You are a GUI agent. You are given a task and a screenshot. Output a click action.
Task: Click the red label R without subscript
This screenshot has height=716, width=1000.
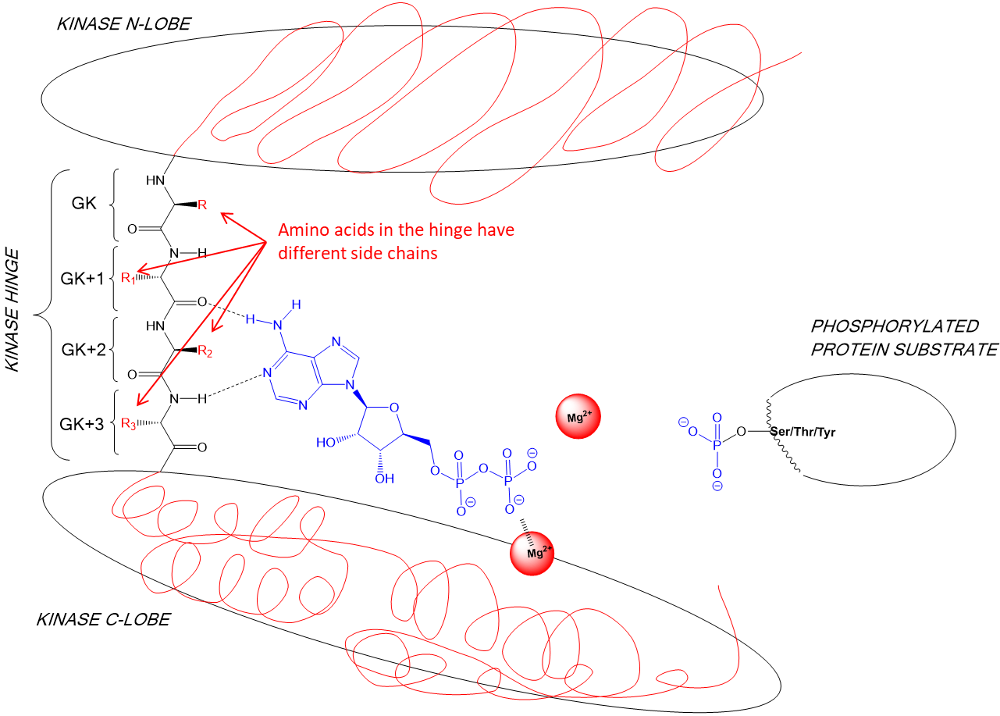click(202, 205)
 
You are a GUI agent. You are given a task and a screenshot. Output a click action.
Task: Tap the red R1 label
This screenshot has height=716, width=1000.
click(128, 278)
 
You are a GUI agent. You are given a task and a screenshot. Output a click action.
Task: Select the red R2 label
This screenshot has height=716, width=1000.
click(205, 351)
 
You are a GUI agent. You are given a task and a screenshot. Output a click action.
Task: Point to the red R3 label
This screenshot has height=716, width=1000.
click(129, 424)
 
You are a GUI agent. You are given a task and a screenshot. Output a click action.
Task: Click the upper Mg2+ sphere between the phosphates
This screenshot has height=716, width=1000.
click(578, 417)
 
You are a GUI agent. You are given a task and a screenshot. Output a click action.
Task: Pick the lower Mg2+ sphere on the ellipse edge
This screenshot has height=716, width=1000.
click(532, 554)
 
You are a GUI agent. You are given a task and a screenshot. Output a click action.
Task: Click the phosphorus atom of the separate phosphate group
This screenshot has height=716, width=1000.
click(717, 444)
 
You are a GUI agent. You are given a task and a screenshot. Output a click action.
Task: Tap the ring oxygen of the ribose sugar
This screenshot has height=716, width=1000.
click(394, 406)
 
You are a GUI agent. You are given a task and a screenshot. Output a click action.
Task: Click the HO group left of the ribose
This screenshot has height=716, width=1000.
click(326, 443)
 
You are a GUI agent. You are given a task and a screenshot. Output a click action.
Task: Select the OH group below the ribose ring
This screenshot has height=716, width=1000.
click(385, 479)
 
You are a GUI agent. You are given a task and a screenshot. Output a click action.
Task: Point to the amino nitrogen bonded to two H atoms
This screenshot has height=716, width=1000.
click(278, 324)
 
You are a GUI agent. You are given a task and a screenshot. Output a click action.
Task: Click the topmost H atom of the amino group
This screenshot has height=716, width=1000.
click(297, 304)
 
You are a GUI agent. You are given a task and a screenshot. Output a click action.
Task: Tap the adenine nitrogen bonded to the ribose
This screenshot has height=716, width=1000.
click(351, 385)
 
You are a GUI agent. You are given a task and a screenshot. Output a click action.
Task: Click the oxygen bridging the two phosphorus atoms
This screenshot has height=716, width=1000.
click(483, 469)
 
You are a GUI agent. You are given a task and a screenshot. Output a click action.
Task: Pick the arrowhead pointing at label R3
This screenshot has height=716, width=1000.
click(141, 401)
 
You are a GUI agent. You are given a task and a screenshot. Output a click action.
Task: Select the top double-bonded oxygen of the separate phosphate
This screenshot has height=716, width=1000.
click(717, 418)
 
